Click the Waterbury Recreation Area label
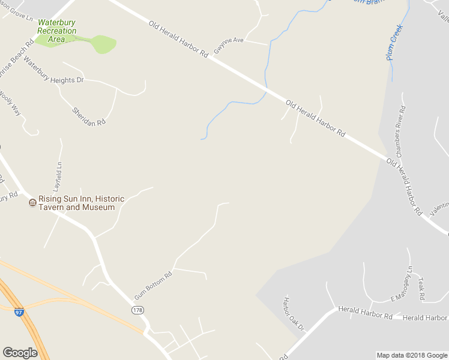coord(57,31)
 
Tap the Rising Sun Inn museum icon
coord(32,203)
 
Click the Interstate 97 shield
coord(19,312)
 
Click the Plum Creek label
coord(395,42)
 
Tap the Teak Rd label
coord(421,289)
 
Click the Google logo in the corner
coord(20,353)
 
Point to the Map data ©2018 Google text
coord(411,355)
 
